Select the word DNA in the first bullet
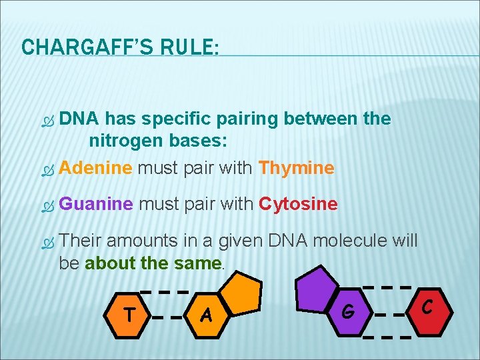pos(79,119)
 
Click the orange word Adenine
pos(96,168)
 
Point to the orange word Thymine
pos(296,168)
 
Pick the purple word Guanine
pos(96,203)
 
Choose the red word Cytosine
pos(298,203)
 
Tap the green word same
pos(200,263)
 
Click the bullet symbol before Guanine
pos(47,205)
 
